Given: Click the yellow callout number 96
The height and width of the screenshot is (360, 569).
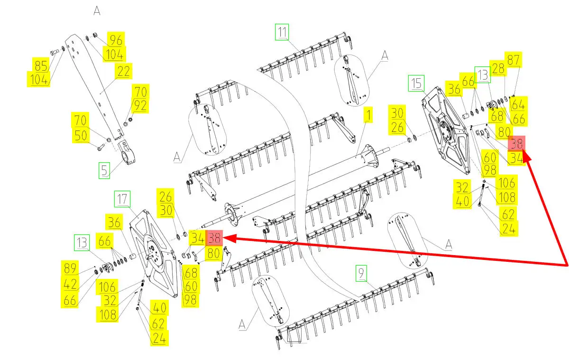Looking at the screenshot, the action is coord(116,40).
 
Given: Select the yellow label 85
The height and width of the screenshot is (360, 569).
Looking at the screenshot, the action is coord(41,65).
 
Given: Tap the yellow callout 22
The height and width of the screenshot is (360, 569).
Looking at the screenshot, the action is coord(123,71).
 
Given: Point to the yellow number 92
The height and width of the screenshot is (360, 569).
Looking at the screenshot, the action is coord(140,105).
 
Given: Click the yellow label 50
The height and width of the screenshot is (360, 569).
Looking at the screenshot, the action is coord(81,135).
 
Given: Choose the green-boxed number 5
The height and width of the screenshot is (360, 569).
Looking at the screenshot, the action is coord(104,170).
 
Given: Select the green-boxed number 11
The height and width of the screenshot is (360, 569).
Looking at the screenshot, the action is coord(282,32).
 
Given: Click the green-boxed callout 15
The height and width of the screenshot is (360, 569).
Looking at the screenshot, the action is coord(416,83).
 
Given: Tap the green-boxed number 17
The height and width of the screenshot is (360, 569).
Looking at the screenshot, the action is coord(122,199).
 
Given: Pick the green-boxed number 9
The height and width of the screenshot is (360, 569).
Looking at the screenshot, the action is coord(361,273).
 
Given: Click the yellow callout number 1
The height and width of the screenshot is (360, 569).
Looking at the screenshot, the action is coord(368,115).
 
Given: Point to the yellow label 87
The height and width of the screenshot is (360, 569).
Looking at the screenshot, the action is coord(513,60).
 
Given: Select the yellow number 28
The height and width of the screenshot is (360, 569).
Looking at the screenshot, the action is coord(498,68).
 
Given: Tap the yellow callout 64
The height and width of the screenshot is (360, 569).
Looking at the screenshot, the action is coord(518,104).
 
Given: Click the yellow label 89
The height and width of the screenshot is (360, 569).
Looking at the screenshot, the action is coord(70,268).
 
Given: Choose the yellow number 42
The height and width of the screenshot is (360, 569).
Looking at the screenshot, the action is coord(70,284).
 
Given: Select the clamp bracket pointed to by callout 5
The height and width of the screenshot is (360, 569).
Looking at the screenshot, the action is coord(127,152).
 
